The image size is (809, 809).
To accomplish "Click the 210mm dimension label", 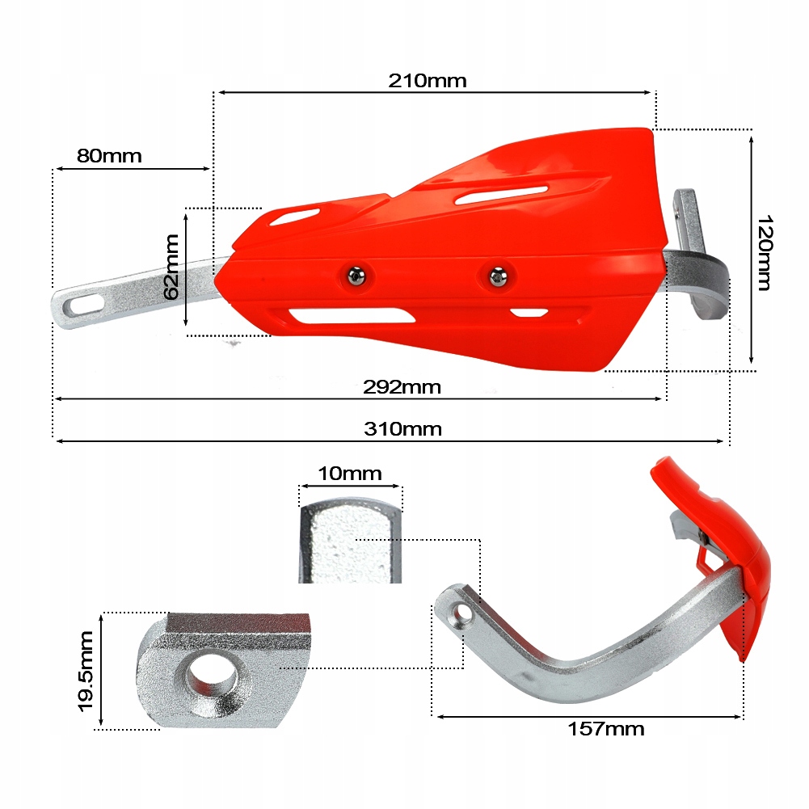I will [x=428, y=81].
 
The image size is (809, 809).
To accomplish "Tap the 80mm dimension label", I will [x=109, y=155].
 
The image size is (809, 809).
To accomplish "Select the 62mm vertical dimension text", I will [x=171, y=267].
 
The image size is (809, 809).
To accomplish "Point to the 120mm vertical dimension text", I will [x=765, y=252].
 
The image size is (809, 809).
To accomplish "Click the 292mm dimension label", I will [x=402, y=387].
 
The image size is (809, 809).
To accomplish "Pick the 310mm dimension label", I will [x=402, y=429].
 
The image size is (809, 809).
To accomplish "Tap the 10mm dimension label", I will [x=349, y=474].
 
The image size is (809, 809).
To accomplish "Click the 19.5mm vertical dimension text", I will [x=86, y=671].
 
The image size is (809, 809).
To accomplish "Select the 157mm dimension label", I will [x=605, y=729].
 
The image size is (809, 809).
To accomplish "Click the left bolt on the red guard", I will [x=355, y=276].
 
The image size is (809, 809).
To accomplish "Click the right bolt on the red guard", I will [x=496, y=277].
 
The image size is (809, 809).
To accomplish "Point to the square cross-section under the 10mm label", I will [x=349, y=541].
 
